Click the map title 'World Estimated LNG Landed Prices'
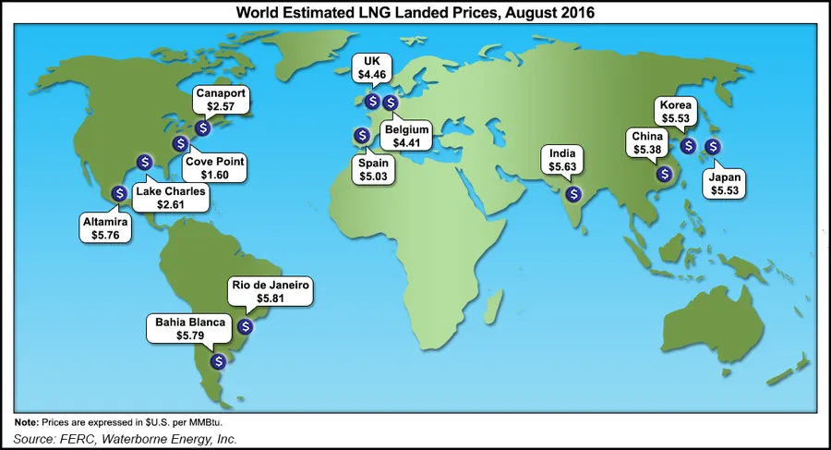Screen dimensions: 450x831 (x=415, y=14)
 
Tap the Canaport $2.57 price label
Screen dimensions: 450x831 (x=220, y=101)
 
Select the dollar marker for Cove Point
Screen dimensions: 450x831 (x=181, y=143)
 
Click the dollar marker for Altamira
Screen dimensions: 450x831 (x=119, y=193)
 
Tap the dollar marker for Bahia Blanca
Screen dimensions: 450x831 (x=219, y=361)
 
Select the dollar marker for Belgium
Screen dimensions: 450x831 (x=390, y=102)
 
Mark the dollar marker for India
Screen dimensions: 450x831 (x=573, y=194)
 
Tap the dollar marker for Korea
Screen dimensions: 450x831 (x=688, y=145)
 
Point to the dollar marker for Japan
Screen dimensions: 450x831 (x=713, y=145)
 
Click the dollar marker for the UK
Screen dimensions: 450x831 (x=371, y=102)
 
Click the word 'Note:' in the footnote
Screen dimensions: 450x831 (x=28, y=422)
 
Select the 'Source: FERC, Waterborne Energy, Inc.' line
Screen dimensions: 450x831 (x=126, y=439)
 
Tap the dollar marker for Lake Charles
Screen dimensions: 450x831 (x=144, y=162)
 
